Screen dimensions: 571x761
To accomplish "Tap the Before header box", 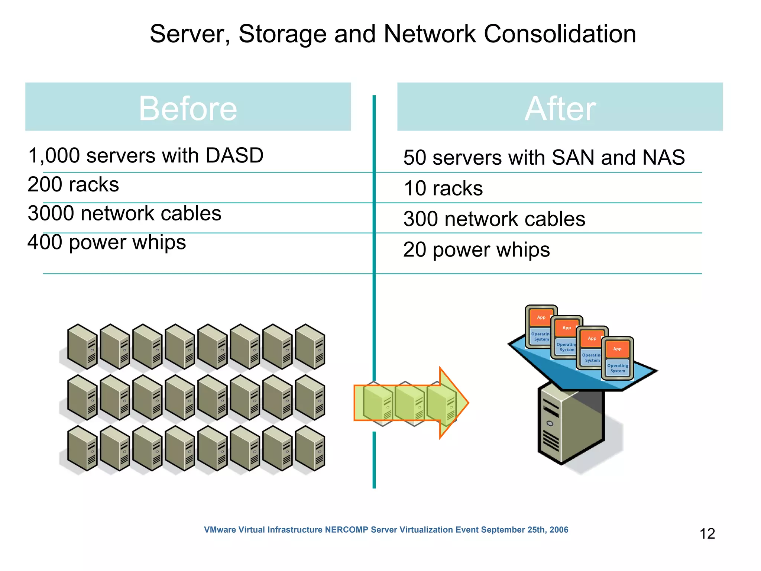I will [x=188, y=107].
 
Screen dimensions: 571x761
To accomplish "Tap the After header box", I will [x=560, y=107].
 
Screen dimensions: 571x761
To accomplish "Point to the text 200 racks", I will [x=73, y=184].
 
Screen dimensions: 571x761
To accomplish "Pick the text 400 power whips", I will [x=107, y=242].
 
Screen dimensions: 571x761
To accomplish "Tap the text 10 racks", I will [x=443, y=188].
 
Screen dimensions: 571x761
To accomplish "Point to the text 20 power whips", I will [x=476, y=249].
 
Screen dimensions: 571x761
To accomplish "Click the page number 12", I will [x=707, y=534].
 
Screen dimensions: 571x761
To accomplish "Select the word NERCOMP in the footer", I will [x=346, y=530].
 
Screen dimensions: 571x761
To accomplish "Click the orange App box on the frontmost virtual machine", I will [x=617, y=349].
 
